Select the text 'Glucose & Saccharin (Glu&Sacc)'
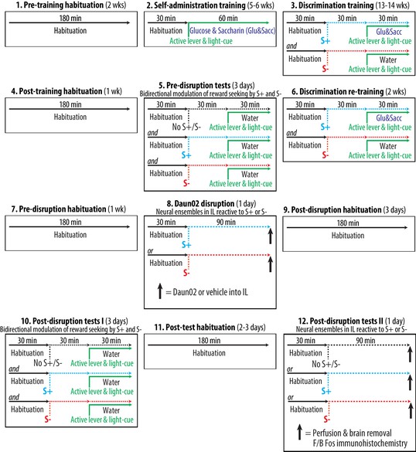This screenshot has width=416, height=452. coord(233,31)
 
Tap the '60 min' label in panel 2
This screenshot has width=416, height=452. coord(228,19)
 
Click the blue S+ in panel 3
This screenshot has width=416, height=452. coord(325,41)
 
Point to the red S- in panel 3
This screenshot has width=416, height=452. coord(325,69)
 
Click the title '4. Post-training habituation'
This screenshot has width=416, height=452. coord(56,91)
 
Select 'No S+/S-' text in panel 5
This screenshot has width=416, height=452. coord(186,127)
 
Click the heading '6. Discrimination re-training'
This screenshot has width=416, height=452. coord(338,92)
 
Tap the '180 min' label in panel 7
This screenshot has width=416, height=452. coord(70,222)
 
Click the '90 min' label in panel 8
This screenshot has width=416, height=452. coord(226,222)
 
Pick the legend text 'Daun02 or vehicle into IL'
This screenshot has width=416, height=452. coord(210,292)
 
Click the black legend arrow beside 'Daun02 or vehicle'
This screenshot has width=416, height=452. coord(160,291)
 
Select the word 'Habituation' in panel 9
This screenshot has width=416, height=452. coord(348,236)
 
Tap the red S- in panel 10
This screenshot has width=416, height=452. coord(48,420)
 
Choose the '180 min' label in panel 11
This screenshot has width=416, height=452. coord(209,341)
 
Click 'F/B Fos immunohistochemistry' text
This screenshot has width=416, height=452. coord(360,443)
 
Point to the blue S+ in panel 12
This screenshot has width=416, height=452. coord(326,391)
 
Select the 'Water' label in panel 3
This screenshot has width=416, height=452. coord(388,59)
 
